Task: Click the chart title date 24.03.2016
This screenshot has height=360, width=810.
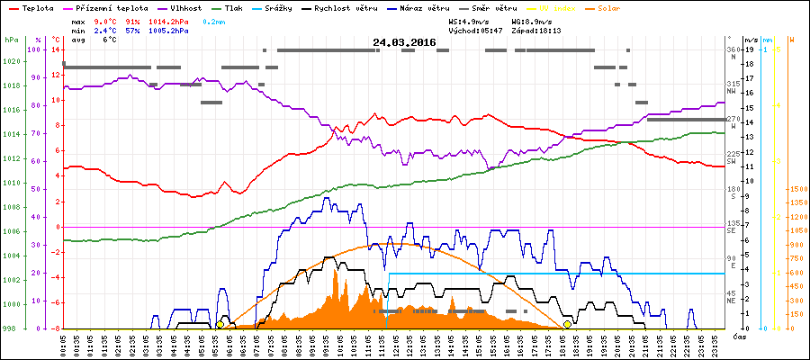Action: click(404, 42)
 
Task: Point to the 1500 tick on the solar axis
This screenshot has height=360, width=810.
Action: click(796, 190)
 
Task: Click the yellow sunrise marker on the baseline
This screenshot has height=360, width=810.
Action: click(220, 324)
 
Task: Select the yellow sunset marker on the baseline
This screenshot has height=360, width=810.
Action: click(567, 324)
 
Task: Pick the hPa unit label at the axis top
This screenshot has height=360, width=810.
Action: click(11, 40)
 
